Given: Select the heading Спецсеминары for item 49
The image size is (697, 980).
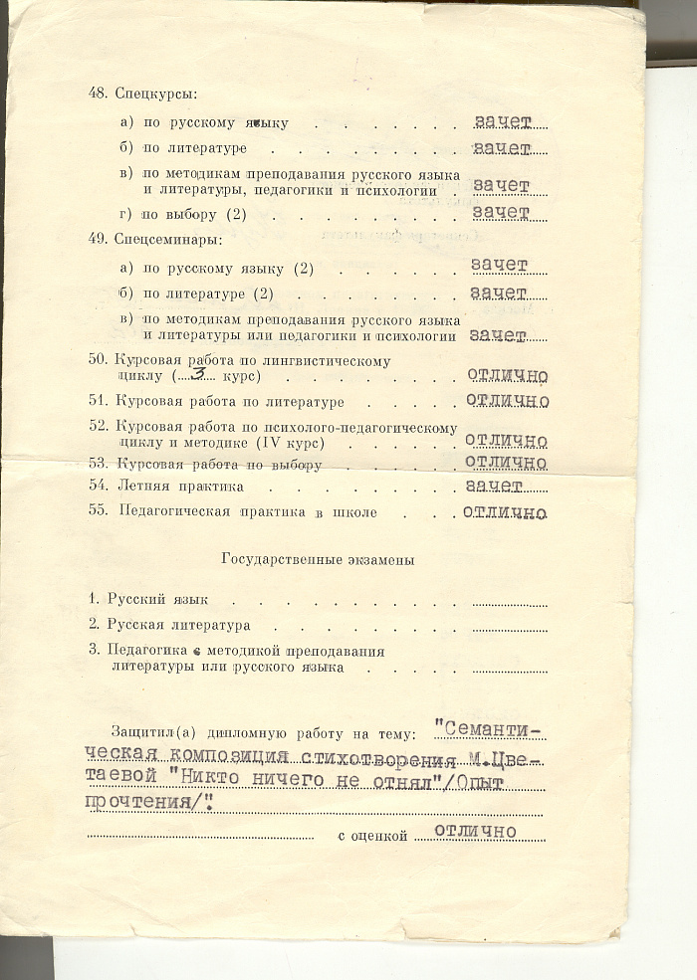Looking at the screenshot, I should (165, 240).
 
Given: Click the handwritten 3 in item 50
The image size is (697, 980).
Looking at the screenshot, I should (199, 374).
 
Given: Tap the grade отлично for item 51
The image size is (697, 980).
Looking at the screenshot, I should (507, 400).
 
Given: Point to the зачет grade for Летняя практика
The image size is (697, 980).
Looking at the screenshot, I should (494, 486).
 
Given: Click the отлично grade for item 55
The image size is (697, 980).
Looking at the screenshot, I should (505, 512).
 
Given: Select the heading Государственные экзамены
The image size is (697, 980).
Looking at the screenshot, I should (318, 560).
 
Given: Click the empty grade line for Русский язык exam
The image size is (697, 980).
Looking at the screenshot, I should (509, 601).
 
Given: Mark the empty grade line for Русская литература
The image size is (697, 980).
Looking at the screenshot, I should (509, 626).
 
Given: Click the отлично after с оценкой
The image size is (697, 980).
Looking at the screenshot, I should (475, 832).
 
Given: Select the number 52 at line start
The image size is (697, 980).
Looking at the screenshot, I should (98, 426).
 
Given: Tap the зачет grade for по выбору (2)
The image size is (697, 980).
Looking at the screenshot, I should (500, 213).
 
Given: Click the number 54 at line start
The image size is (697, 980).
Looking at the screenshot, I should (98, 487).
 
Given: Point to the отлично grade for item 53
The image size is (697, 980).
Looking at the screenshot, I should (505, 463).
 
